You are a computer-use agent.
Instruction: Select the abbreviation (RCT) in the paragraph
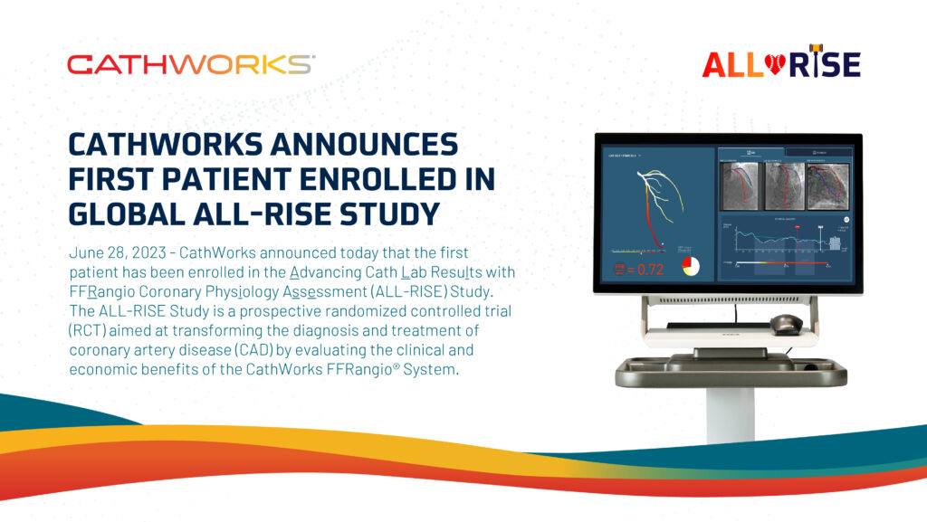point(87,330)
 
